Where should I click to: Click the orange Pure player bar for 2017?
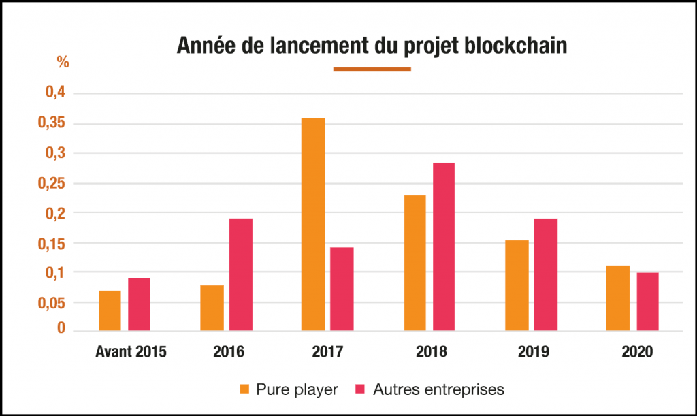(314, 225)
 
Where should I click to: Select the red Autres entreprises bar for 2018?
(443, 246)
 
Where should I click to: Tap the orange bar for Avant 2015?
(110, 310)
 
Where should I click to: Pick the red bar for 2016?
(242, 274)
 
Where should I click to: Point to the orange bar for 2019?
(517, 285)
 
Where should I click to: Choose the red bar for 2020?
(647, 302)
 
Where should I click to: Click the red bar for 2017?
(342, 289)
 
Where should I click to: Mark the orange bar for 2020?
(618, 298)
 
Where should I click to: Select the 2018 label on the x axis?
(432, 352)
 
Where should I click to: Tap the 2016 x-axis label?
(228, 352)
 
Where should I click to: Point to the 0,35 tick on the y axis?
(55, 124)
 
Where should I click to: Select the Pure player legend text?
(297, 389)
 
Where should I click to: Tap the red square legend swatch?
(361, 389)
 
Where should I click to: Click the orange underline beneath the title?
(372, 69)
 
